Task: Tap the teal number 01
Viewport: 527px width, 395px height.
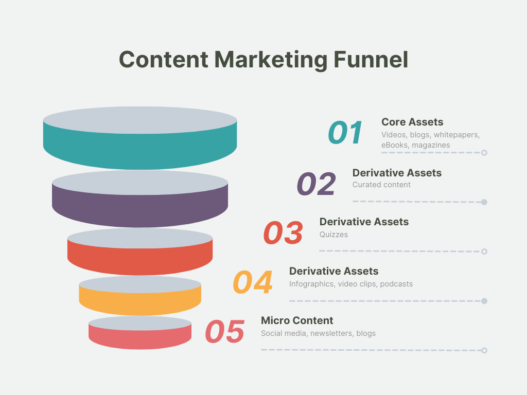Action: coord(345,133)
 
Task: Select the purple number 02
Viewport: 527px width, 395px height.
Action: coord(316,184)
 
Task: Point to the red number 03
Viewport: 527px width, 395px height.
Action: coord(283,233)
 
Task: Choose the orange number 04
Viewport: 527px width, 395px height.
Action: coord(252,282)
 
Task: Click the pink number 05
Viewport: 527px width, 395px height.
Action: coord(224,332)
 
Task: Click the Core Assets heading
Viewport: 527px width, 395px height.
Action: coord(412,122)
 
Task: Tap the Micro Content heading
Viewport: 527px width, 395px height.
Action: coord(297,320)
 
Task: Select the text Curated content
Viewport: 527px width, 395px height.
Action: coord(381,185)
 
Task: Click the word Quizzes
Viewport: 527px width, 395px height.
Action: coord(333,235)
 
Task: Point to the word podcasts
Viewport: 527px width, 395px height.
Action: coord(396,284)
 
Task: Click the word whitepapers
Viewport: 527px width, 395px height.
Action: coord(456,135)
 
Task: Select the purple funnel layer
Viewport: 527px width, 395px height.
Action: coord(140,208)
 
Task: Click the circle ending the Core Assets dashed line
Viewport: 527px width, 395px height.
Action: coord(484,153)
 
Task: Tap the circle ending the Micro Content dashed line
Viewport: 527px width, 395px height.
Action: coord(484,350)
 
